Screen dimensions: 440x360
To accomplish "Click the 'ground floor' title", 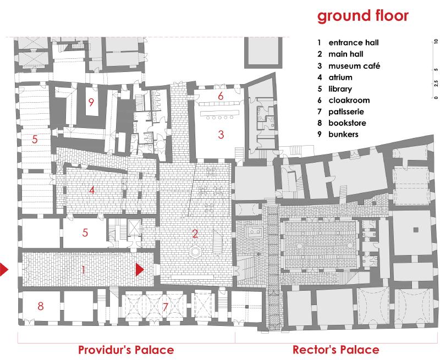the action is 363,16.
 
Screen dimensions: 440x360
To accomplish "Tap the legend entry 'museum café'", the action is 354,66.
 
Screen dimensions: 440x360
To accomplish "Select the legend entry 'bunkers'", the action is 343,134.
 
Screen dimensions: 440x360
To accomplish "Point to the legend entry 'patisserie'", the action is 346,112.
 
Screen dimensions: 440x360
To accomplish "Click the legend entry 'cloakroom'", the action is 349,100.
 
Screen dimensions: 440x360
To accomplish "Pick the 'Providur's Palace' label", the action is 126,350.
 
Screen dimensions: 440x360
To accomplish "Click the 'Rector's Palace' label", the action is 336,350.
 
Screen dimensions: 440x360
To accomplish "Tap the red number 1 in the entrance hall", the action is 84,270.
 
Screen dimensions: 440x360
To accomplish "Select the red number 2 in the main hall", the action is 195,234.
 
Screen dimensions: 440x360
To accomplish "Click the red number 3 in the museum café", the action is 221,135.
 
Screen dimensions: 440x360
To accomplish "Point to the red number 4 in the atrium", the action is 91,190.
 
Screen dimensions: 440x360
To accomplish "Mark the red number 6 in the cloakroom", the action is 221,96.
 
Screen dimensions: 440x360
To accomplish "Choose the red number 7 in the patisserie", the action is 166,307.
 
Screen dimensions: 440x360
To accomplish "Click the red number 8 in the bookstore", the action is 41,306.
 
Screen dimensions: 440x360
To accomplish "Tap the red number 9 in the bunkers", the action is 91,102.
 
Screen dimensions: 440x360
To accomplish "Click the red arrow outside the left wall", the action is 4,270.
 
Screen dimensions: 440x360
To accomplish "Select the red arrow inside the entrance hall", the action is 140,269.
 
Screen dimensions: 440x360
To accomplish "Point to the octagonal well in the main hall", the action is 195,252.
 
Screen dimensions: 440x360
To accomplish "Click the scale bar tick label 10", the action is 436,41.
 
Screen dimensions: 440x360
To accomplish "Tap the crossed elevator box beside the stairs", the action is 134,228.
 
